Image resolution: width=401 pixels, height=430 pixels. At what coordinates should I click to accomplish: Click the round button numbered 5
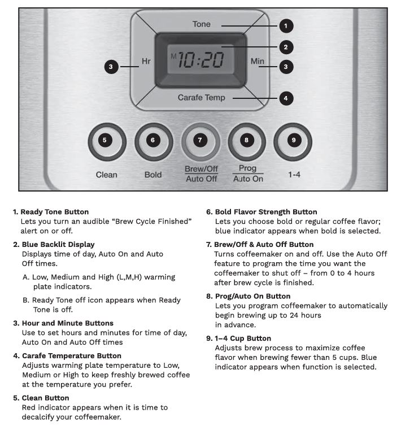106,141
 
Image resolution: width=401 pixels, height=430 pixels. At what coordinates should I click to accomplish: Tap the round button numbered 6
153,141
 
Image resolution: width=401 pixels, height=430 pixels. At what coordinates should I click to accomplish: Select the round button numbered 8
247,141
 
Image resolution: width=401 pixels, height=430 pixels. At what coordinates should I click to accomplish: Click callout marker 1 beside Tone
286,25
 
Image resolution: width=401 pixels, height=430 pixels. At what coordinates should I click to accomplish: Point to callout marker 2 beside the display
286,46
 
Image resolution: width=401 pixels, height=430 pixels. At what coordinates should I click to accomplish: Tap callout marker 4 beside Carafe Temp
286,98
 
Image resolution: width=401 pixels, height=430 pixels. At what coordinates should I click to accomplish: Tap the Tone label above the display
201,24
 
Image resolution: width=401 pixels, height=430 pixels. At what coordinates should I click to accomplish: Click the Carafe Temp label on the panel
201,98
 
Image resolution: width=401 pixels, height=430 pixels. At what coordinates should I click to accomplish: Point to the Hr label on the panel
146,61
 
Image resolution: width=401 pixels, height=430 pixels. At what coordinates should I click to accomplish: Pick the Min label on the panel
257,60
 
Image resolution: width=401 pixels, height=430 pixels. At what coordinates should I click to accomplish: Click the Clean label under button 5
106,175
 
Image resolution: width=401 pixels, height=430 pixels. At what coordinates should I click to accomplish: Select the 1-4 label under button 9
294,175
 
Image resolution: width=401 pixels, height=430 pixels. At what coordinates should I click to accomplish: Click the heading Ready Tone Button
54,212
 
